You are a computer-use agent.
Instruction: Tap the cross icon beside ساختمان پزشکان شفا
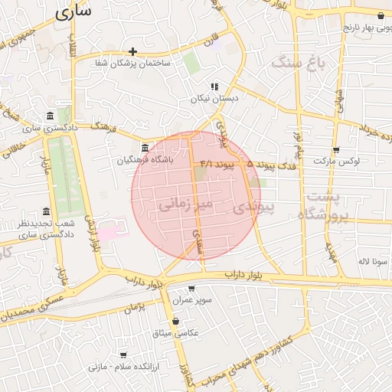[x=133, y=52]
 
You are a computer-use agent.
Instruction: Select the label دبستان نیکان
[x=215, y=99]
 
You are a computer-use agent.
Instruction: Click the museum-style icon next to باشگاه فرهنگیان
[x=145, y=148]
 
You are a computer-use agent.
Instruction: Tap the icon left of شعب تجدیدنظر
[x=47, y=211]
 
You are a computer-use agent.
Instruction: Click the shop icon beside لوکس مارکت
[x=335, y=149]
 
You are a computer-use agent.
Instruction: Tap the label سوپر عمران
[x=191, y=301]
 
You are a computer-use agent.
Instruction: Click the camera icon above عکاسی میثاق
[x=178, y=322]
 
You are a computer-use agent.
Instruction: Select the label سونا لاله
[x=374, y=261]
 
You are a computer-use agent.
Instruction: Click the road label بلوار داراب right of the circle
[x=247, y=274]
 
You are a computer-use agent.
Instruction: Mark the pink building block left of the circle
[x=109, y=228]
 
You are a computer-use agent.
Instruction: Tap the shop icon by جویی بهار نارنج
[x=381, y=15]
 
